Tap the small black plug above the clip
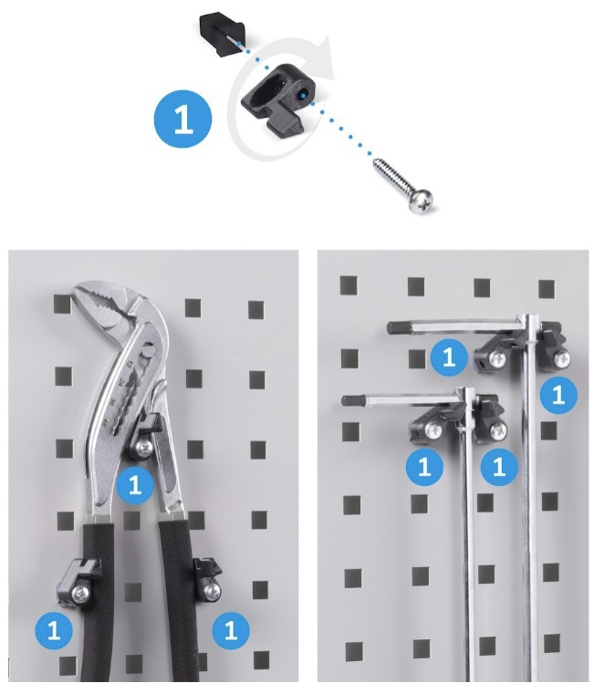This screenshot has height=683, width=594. pos(223,34)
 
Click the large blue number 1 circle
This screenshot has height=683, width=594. pos(183,119)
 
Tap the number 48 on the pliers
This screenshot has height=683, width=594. pos(105,421)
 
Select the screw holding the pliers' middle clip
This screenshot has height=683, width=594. pos(144,447)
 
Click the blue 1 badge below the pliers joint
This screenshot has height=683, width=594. pos(135,485)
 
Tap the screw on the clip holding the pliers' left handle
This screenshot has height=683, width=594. pos(80,593)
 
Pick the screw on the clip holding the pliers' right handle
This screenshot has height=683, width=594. pos(213,590)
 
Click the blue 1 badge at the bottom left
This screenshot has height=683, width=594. pos(54,630)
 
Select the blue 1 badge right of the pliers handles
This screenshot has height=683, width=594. pos(231,630)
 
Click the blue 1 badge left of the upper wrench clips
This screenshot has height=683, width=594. pos(449,357)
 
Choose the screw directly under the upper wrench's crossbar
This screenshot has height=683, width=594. pos(497,358)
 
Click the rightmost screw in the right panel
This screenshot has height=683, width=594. pos(562,358)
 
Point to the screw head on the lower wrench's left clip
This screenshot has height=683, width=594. pos(433,430)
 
